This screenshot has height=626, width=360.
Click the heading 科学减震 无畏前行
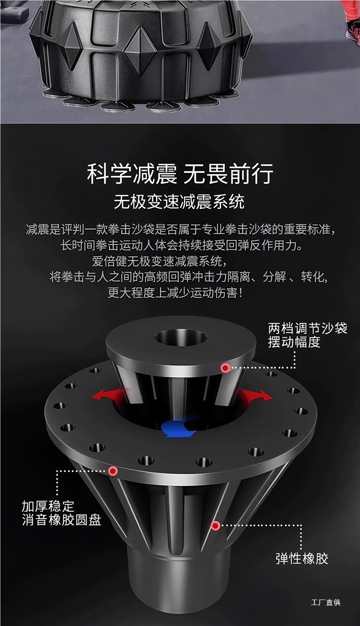pos(180,174)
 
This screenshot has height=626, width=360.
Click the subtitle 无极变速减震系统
pos(179,202)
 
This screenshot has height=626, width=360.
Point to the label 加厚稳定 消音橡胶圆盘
pos(62,513)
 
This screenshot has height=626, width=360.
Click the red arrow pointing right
pos(256,394)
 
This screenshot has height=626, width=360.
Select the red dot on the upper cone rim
pos(225,368)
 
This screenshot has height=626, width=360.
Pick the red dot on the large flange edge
pos(113,471)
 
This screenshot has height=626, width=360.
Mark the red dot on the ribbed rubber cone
pos(215,526)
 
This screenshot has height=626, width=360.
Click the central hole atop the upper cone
pos(181,337)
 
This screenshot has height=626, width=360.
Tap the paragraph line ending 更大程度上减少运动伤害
pos(175,293)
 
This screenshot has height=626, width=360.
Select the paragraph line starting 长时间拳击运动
pos(182,246)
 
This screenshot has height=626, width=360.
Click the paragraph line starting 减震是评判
pos(180,230)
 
